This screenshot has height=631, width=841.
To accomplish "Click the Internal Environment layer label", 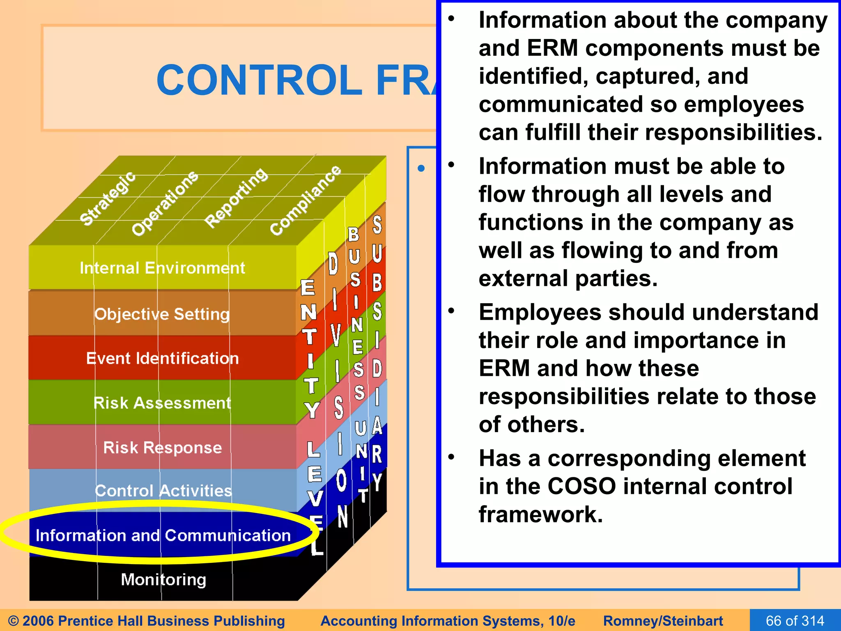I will [162, 268].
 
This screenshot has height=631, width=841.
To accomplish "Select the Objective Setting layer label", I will [162, 314].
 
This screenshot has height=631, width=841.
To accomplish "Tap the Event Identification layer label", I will [162, 358].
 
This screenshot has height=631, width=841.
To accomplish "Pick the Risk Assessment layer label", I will [162, 403].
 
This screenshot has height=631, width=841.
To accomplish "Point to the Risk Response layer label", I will [162, 447].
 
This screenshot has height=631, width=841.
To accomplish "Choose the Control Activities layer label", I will [163, 491].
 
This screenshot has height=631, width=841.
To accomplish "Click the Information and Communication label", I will [163, 535].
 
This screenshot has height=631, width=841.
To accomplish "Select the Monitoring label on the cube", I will [163, 580].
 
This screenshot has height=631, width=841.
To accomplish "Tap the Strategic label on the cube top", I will [108, 198].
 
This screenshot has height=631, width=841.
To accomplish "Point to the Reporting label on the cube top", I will [237, 198].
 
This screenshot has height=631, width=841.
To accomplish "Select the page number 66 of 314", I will [795, 620].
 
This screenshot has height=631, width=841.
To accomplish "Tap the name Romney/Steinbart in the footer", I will [663, 621].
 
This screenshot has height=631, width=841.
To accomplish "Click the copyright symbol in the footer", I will [13, 621].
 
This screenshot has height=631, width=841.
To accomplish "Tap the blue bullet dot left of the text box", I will [421, 168].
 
